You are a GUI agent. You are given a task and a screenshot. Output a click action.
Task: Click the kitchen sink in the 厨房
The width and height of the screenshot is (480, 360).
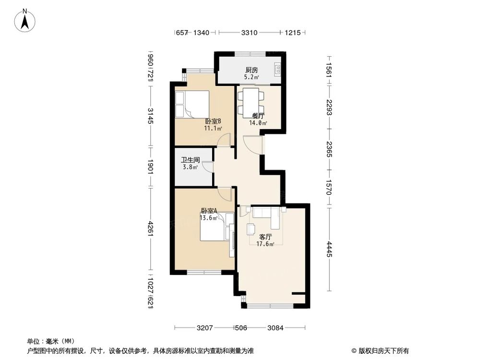pos(277,70)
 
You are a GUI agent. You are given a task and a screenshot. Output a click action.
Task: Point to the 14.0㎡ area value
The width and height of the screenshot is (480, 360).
pos(258,123)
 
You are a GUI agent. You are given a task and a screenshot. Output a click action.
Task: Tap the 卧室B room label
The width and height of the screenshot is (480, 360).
pos(213,121)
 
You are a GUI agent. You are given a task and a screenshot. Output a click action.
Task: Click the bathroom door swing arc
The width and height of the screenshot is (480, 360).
pos(207,166)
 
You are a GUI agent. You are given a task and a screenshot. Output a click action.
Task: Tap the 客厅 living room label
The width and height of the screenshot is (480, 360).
pos(265,237)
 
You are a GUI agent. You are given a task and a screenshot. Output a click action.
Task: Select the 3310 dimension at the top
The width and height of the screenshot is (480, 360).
pos(249,33)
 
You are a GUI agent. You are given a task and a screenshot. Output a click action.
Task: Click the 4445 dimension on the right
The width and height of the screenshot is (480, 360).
pos(329,248)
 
